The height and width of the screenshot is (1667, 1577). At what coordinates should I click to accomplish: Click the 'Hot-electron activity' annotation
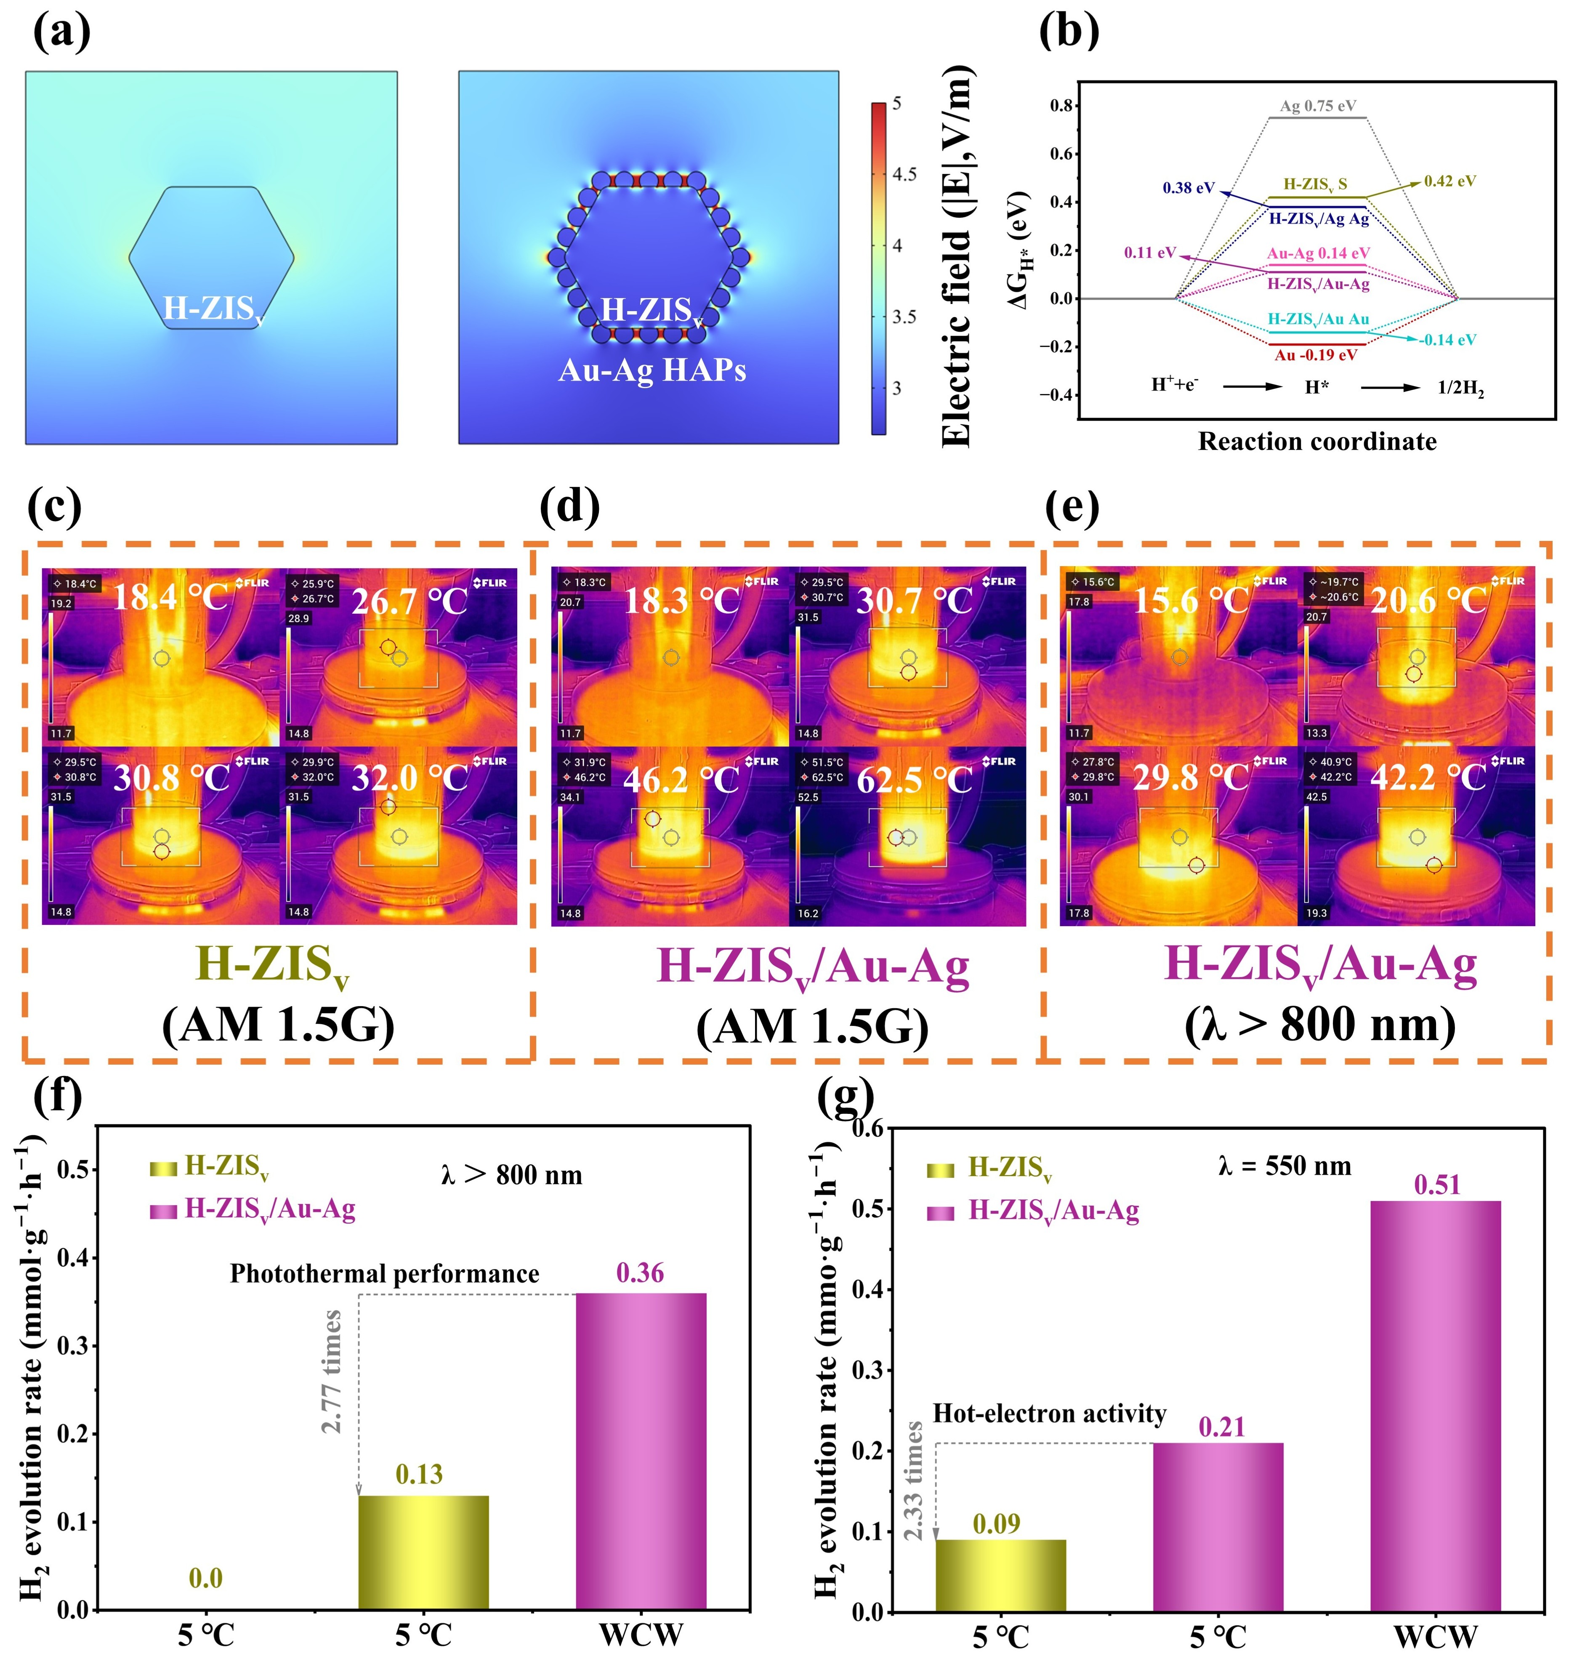[1049, 1413]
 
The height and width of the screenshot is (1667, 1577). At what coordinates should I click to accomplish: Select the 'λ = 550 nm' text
[1284, 1166]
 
